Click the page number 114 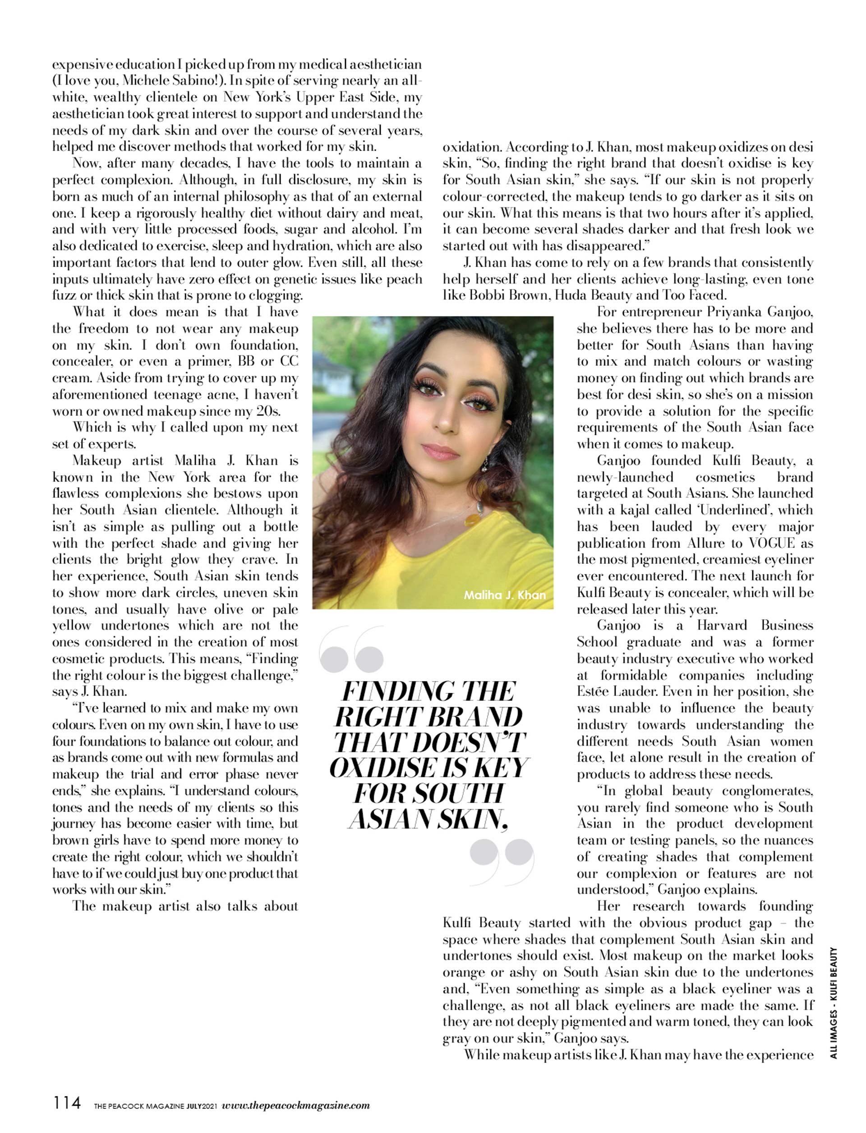click(67, 1104)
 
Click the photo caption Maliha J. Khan click(504, 595)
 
